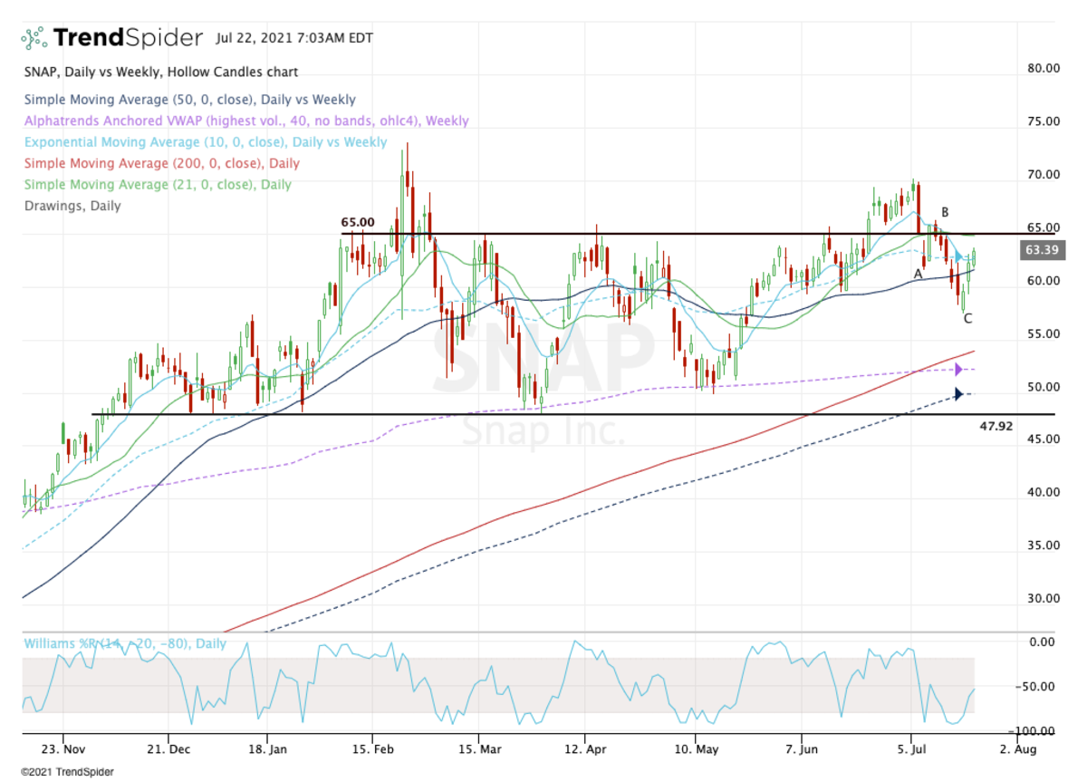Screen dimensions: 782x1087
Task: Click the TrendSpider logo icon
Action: coord(34,38)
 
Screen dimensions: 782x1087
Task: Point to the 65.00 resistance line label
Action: coord(357,221)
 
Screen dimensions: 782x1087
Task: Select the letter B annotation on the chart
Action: coord(945,212)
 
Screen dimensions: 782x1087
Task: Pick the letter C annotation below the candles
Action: coord(967,318)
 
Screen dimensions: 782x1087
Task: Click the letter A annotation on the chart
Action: coord(918,273)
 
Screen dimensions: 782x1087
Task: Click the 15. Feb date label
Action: coord(372,750)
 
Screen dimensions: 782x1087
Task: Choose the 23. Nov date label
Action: coord(63,750)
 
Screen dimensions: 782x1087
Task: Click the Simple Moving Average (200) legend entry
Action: coord(161,163)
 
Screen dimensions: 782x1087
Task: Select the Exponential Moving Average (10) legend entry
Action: coord(206,142)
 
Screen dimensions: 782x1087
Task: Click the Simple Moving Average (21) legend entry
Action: coord(158,184)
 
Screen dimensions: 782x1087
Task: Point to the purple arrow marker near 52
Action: coord(957,370)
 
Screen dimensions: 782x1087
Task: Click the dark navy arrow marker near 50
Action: coord(957,394)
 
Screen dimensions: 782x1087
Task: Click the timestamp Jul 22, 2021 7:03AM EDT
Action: coord(294,38)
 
